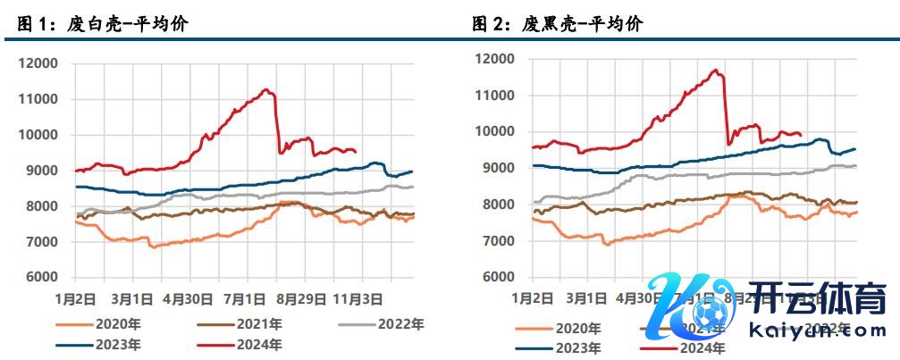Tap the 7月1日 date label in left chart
[x=240, y=298]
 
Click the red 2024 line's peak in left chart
[x=265, y=89]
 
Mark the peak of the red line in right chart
[x=716, y=70]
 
